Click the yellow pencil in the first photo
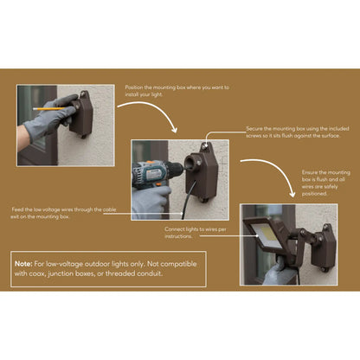(x=49, y=109)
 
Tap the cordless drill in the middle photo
(x=156, y=174)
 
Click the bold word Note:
(x=23, y=264)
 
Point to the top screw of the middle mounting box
(x=205, y=147)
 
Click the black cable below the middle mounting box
(x=188, y=199)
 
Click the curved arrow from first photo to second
(x=149, y=112)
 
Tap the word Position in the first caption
(x=134, y=87)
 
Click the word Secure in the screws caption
(x=254, y=129)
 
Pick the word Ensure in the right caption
(x=310, y=172)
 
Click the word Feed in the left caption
(x=17, y=209)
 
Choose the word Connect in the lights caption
(x=174, y=229)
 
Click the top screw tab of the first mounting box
(x=84, y=94)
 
